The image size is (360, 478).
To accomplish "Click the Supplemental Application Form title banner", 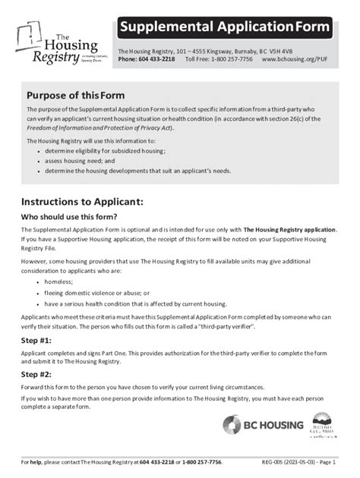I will tap(225, 27).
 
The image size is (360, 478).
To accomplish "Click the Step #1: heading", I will tap(36, 340).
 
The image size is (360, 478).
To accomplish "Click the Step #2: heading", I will tap(36, 374).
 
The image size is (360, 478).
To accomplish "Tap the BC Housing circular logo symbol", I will tap(232, 425).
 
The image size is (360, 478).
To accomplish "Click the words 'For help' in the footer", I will tap(31, 462).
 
